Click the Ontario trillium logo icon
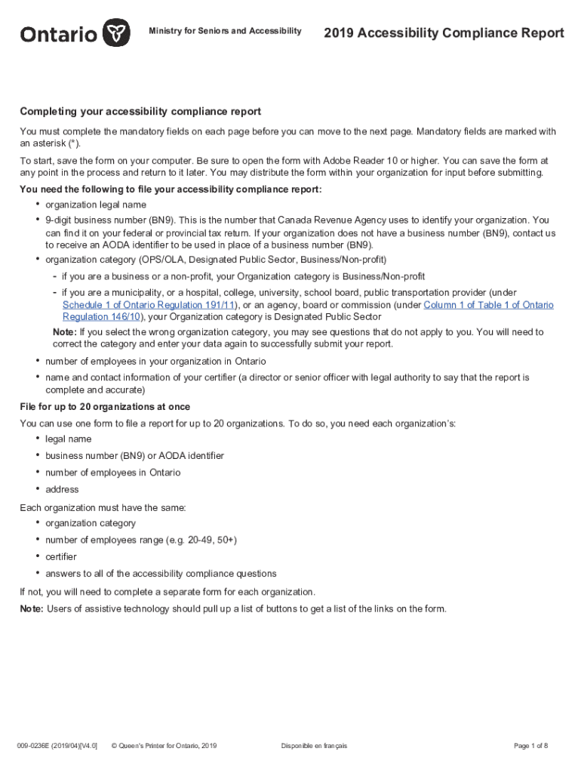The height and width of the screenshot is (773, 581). point(115,32)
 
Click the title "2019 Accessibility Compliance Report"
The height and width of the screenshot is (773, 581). point(444,32)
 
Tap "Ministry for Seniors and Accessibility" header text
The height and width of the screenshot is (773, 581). point(225,31)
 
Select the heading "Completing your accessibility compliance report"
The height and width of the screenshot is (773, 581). point(140,112)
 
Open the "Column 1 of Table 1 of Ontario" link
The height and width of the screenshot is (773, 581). point(488,305)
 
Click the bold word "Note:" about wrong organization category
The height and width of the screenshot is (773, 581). point(64,332)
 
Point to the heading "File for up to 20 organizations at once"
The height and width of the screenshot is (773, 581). point(105,407)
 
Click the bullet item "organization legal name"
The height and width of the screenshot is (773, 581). point(96,205)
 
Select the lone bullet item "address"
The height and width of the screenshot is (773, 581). point(62,489)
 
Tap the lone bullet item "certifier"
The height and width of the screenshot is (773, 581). point(61,556)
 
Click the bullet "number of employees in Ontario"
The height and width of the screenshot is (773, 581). point(113,473)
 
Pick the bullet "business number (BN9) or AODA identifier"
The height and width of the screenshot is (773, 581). point(134,456)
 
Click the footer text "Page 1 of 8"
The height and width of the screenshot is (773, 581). point(530,746)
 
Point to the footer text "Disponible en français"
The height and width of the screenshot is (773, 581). point(314,746)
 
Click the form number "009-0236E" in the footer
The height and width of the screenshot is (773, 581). point(38,746)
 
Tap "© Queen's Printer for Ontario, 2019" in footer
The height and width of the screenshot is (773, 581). point(164,746)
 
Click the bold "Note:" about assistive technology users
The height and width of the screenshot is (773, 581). point(32,608)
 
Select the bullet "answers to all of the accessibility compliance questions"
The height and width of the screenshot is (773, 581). point(161,574)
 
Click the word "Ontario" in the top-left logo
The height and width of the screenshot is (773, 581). point(59,34)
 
